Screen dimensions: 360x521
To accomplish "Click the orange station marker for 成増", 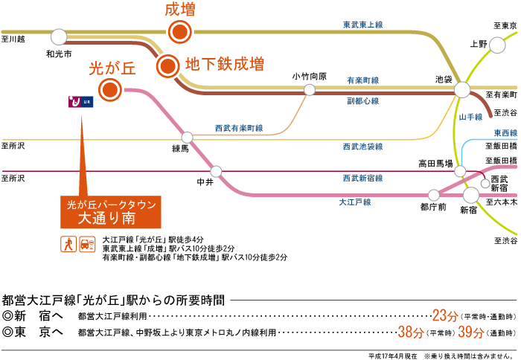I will (179, 32).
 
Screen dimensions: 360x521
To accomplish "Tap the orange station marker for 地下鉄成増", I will (167, 66).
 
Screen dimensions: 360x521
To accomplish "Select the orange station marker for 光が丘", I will (111, 91).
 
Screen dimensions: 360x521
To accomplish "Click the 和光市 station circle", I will (58, 36).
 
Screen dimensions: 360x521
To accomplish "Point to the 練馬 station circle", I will (187, 137).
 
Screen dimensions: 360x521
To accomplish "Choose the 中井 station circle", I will (216, 170).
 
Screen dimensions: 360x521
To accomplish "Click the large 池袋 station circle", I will (462, 90).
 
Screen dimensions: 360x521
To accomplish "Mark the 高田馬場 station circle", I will (460, 172).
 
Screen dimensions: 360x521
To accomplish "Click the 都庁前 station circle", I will (432, 193).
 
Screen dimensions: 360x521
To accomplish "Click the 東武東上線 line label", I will (362, 25).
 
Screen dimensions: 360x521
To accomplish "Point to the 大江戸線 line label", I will (354, 202).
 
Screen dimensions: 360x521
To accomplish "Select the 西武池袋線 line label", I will (362, 147).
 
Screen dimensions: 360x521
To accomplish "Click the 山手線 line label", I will (471, 117).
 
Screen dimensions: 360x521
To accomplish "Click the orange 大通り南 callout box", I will (99, 212).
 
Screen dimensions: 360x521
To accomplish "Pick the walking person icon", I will (68, 243).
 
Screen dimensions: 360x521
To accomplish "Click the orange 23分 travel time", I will (444, 314).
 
